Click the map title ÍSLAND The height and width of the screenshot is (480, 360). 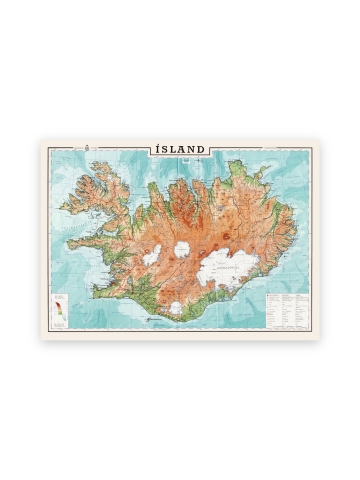(x=180, y=149)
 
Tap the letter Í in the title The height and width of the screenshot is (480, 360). (x=159, y=149)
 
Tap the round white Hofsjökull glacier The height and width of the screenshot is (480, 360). (x=183, y=250)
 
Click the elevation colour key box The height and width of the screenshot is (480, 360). (x=61, y=307)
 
